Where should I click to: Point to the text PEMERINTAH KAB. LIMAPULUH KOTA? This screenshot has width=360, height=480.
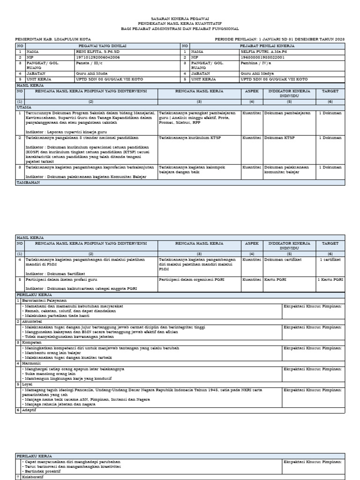53,39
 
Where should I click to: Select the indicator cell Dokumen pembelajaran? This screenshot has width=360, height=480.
287,113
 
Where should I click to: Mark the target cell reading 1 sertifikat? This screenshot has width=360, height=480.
330,259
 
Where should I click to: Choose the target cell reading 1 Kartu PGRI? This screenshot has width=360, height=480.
330,279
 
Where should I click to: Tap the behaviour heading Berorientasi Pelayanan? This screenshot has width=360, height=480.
43,300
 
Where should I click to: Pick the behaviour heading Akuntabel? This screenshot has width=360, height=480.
32,322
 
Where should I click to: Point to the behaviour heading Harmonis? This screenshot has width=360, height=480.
31,363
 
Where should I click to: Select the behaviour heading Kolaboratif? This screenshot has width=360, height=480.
34,477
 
